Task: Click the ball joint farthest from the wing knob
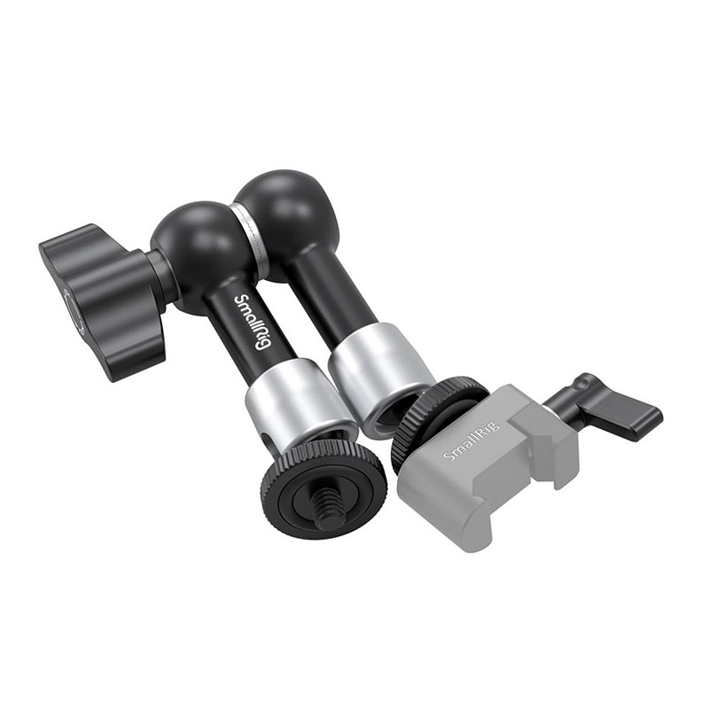click(284, 213)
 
